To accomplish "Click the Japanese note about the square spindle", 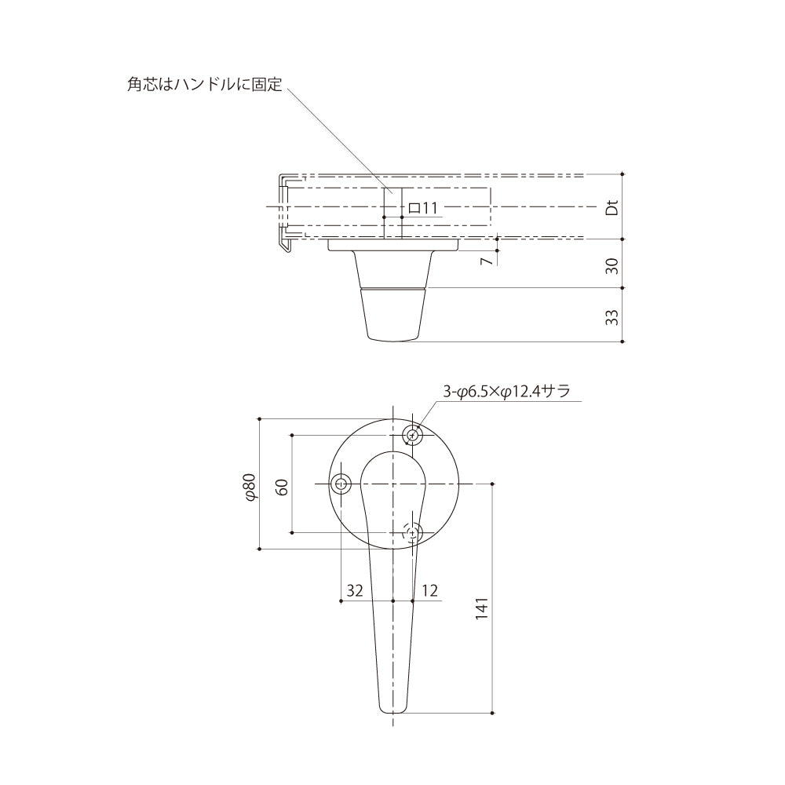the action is (205, 84).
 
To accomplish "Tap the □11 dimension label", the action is (423, 208).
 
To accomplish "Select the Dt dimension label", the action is (612, 207).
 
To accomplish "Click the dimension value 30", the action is (612, 266).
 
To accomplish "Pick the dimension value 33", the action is (612, 317).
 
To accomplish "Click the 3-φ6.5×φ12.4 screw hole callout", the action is (506, 391).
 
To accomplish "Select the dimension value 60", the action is (283, 487).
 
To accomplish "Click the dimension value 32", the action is (355, 591).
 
